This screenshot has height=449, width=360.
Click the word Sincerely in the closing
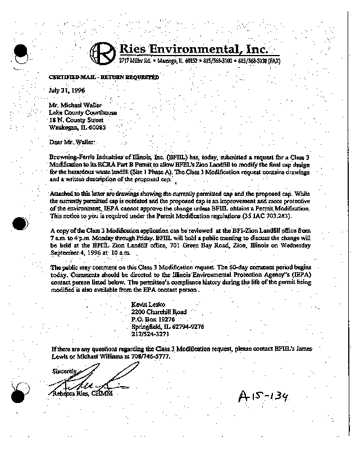(63, 371)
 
